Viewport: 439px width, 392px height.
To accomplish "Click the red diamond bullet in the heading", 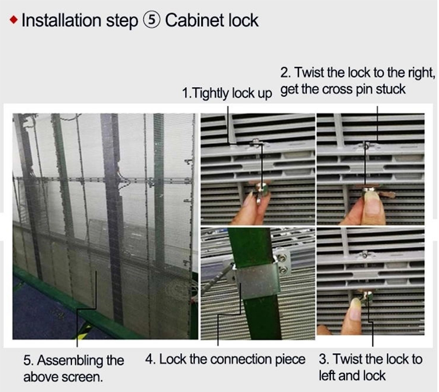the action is [14, 20].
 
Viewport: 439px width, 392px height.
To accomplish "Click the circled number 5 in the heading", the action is [151, 20].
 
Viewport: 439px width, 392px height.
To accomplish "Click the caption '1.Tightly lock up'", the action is [227, 93].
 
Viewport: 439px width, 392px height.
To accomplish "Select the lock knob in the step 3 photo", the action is [367, 297].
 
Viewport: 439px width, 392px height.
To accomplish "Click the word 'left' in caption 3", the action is [327, 376].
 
